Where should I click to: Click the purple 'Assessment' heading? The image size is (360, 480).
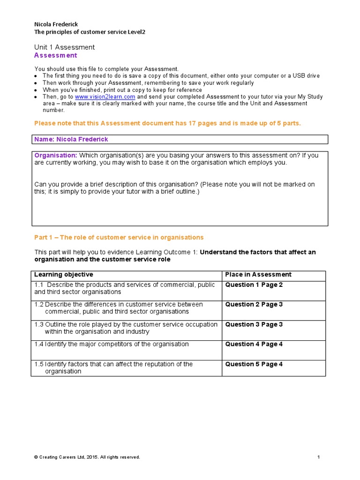click(56, 55)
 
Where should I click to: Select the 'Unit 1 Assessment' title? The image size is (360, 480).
click(64, 47)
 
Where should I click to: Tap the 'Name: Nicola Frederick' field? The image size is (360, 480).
click(71, 139)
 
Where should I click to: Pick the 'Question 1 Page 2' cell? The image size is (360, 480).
click(254, 285)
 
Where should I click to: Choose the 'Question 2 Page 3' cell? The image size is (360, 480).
click(254, 305)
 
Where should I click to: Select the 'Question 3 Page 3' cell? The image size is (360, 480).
click(254, 324)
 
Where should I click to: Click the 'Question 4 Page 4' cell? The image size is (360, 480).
click(254, 344)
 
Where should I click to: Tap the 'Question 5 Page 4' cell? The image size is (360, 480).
click(254, 364)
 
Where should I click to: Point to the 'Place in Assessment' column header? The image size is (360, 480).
click(258, 275)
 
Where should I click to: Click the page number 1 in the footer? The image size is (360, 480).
click(318, 457)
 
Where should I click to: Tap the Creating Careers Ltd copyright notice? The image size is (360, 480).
click(87, 457)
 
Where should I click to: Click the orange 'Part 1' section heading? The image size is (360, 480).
click(119, 238)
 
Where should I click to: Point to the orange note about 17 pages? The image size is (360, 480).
click(168, 123)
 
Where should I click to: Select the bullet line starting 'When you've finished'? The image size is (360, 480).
click(122, 90)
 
